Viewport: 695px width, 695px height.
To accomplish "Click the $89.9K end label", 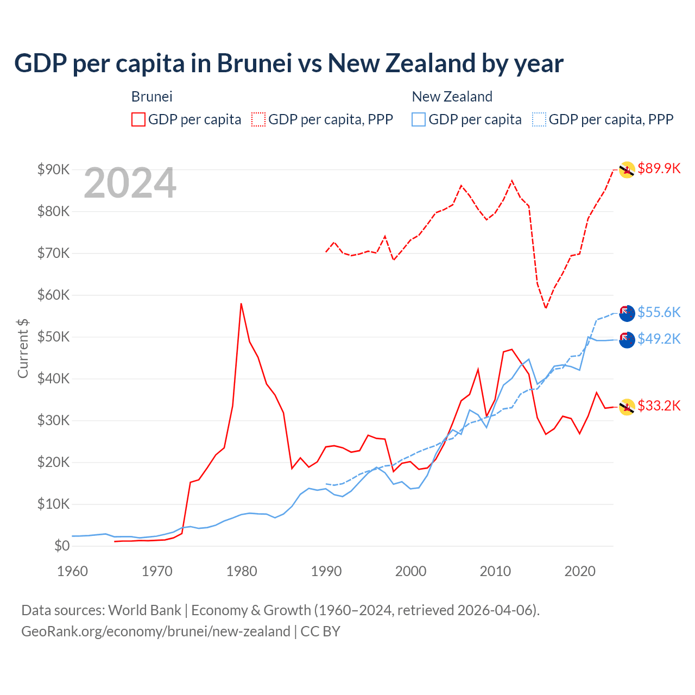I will pos(659,168).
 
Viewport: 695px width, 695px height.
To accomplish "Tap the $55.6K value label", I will pos(659,312).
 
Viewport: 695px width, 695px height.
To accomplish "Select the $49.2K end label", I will pos(659,339).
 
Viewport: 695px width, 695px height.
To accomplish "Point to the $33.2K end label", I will pos(659,406).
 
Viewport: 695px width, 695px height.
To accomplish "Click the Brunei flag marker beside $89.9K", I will pos(627,169).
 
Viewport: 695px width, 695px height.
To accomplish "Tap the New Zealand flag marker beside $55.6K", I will pos(627,313).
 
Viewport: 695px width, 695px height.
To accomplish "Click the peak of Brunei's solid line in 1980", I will pos(241,304).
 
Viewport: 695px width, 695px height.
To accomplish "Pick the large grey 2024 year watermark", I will pos(130,184).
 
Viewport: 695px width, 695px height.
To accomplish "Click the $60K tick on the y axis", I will pos(54,295).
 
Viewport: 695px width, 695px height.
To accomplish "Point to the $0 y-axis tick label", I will pos(62,546).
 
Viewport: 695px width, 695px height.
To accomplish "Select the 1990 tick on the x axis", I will pos(326,571).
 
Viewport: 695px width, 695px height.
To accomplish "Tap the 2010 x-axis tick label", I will pos(495,571).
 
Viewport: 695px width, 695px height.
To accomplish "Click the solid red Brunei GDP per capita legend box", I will pos(138,119).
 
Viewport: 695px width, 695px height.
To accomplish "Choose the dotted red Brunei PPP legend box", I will pos(258,119).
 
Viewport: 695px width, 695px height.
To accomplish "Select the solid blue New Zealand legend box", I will pos(419,119).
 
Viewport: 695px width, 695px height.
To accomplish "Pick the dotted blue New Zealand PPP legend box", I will pos(539,119).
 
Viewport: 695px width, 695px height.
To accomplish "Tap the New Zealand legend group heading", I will pos(452,97).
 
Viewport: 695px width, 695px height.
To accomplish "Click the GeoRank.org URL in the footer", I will pos(156,631).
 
